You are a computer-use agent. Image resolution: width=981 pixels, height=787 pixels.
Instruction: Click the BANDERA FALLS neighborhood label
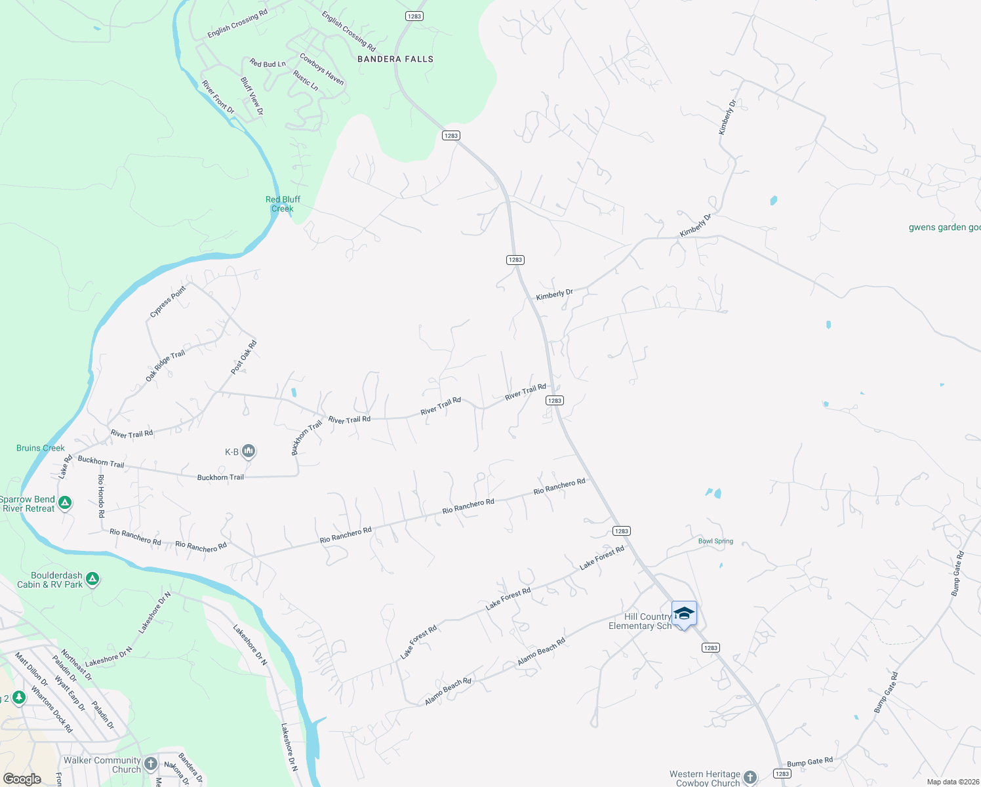pyautogui.click(x=395, y=59)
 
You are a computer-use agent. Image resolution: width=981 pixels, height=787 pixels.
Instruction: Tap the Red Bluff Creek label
pyautogui.click(x=283, y=204)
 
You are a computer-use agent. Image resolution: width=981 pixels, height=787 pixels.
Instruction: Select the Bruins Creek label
pyautogui.click(x=41, y=448)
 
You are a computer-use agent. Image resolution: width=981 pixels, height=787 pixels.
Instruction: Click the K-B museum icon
pyautogui.click(x=249, y=451)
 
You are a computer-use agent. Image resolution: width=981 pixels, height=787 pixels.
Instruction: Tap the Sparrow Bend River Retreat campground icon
pyautogui.click(x=65, y=503)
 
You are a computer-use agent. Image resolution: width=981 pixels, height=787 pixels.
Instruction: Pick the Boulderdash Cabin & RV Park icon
pyautogui.click(x=92, y=579)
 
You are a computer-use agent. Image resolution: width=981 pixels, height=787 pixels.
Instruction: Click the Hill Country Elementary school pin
pyautogui.click(x=684, y=614)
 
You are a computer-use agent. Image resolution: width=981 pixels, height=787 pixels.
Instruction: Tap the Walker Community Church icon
pyautogui.click(x=151, y=764)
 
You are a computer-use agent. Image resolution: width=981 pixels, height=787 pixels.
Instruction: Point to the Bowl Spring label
pyautogui.click(x=715, y=541)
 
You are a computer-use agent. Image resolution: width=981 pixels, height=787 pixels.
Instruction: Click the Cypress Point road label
pyautogui.click(x=168, y=302)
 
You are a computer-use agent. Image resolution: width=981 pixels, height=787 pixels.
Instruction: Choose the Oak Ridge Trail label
pyautogui.click(x=165, y=366)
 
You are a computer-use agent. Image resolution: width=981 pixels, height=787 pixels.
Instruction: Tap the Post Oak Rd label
pyautogui.click(x=244, y=357)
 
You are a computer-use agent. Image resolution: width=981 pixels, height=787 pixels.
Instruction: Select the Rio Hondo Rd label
pyautogui.click(x=102, y=496)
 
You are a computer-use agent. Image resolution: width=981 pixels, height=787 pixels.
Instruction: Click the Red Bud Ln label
pyautogui.click(x=268, y=64)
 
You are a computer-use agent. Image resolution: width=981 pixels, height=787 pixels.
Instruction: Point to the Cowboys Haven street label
pyautogui.click(x=321, y=69)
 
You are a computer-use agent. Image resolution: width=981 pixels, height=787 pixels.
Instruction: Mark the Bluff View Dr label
pyautogui.click(x=252, y=96)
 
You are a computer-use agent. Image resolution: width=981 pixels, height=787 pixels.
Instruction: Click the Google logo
pyautogui.click(x=22, y=779)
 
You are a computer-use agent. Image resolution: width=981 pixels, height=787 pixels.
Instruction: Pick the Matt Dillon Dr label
pyautogui.click(x=31, y=669)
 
